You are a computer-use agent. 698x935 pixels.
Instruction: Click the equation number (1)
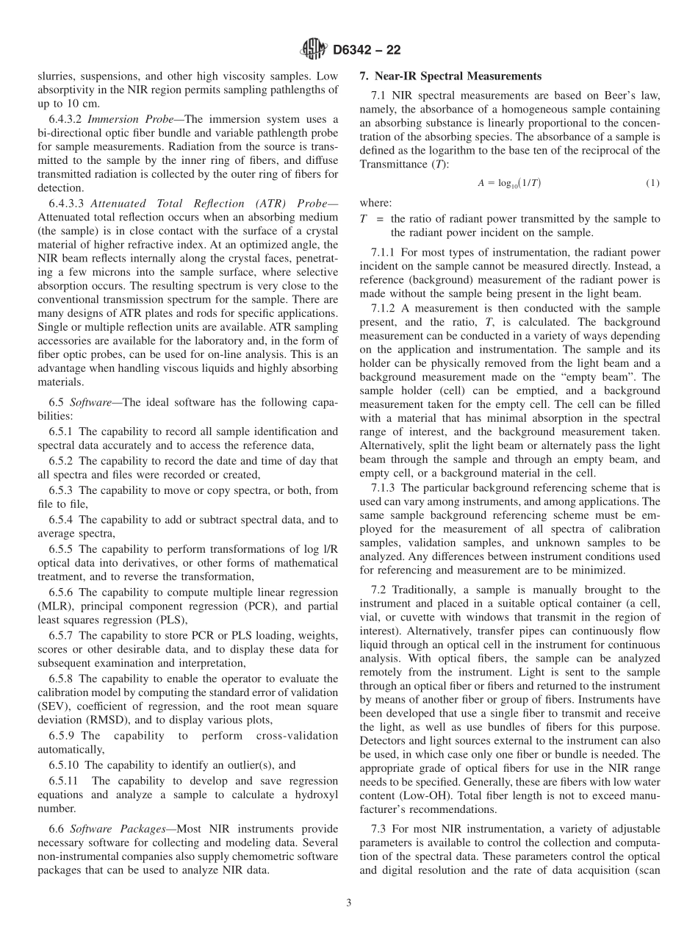[652, 183]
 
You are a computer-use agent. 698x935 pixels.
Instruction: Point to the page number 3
[349, 903]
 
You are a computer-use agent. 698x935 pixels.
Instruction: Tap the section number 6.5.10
[66, 765]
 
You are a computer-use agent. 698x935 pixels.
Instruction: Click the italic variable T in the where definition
[363, 219]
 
